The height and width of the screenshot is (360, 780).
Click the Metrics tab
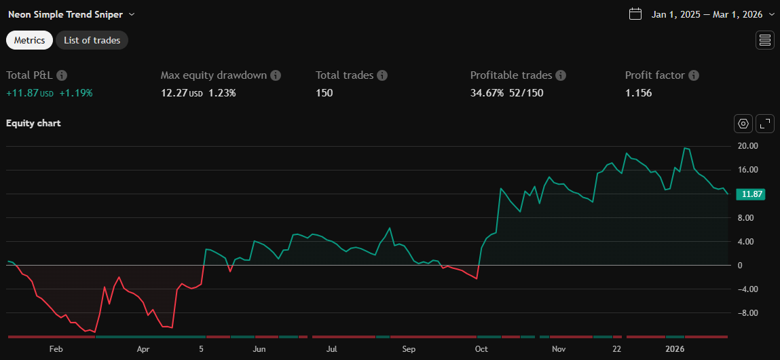point(29,40)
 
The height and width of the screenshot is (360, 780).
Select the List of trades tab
point(92,40)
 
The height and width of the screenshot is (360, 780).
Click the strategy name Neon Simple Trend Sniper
point(66,14)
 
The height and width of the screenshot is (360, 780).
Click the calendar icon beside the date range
point(635,14)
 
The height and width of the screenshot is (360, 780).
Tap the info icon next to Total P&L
point(62,75)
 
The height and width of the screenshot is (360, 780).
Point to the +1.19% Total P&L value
point(76,93)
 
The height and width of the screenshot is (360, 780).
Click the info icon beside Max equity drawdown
point(276,75)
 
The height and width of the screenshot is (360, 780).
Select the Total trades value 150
point(324,93)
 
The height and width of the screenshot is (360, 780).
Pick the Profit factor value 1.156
point(638,93)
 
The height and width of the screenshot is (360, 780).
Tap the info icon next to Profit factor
point(694,75)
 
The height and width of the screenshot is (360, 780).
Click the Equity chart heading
point(33,123)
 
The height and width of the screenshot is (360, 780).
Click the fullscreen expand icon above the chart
point(765,124)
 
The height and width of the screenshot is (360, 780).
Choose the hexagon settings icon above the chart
point(743,124)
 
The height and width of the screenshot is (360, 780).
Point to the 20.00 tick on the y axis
point(749,146)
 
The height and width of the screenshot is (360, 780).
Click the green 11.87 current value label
point(753,194)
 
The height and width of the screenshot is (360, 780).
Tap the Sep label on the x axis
point(408,349)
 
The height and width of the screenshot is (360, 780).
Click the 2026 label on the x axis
point(675,349)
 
